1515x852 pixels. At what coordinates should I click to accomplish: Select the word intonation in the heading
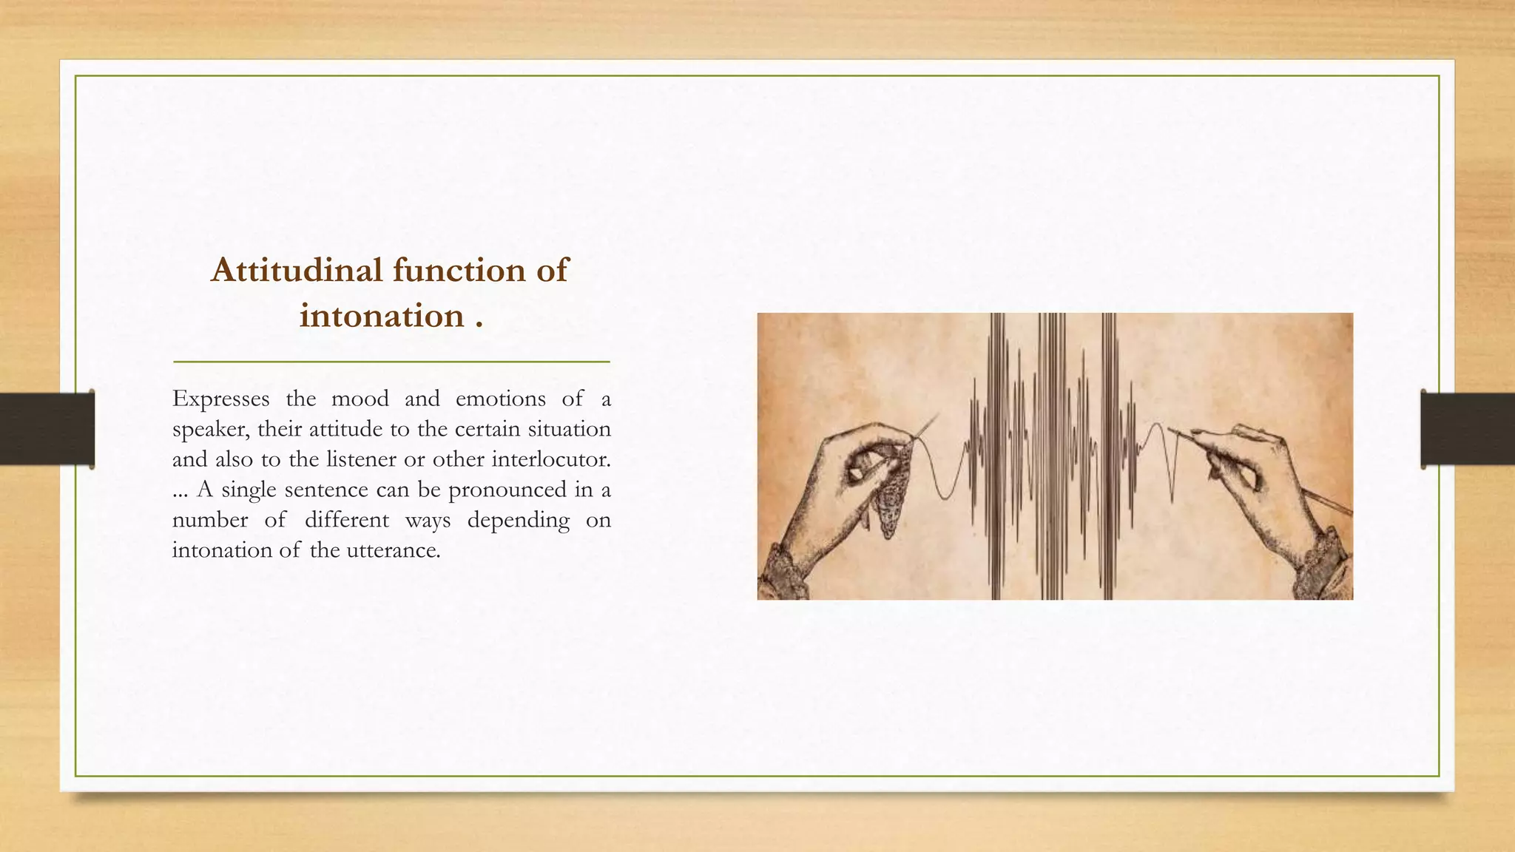click(x=382, y=317)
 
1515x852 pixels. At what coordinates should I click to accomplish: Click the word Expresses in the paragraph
click(x=220, y=399)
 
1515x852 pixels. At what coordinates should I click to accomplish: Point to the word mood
click(x=360, y=399)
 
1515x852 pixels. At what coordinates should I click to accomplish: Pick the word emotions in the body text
click(x=500, y=399)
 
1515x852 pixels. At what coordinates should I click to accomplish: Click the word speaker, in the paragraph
click(x=210, y=430)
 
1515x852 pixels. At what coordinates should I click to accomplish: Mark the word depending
click(x=518, y=521)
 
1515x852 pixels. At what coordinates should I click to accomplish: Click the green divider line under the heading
click(x=391, y=362)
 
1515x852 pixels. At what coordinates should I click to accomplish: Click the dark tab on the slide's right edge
click(x=1468, y=429)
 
